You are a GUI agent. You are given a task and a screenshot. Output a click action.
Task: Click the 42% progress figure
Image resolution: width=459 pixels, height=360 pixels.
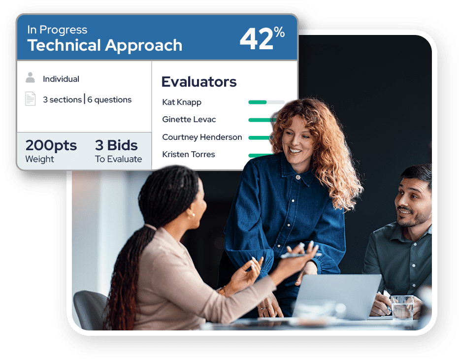point(262,38)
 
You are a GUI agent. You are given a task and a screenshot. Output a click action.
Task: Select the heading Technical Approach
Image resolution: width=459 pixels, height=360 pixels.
point(105,46)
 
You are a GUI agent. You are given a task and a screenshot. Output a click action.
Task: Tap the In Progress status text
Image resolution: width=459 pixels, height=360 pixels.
point(57,30)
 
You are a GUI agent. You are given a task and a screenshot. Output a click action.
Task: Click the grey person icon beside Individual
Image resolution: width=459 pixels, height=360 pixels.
point(30,77)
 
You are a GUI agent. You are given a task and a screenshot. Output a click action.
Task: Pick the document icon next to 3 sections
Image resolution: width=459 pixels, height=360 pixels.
point(31,98)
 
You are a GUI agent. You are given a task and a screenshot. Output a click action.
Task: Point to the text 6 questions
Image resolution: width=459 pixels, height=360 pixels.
point(109,100)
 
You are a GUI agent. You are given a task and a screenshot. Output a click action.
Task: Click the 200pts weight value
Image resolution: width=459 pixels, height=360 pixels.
point(51,145)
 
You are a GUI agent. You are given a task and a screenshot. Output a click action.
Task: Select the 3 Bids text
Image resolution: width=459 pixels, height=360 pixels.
point(116,145)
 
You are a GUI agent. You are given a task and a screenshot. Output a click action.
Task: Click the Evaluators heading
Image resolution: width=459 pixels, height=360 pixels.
point(199,82)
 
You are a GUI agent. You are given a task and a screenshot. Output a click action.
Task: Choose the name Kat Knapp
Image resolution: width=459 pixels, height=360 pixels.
point(182,102)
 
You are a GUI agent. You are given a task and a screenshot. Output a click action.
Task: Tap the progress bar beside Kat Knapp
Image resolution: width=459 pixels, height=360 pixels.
point(266,102)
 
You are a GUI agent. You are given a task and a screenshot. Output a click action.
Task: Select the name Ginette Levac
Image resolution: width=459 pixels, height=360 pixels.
point(189,119)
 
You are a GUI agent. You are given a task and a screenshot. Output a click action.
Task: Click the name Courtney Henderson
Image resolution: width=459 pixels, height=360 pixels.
point(202,137)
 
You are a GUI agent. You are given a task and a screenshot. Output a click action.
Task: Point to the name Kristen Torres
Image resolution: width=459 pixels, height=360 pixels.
point(189,154)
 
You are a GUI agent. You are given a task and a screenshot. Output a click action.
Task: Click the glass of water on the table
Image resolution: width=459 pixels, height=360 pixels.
point(403,307)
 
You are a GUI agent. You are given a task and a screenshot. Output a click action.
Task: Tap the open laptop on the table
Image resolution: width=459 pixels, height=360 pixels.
point(337,296)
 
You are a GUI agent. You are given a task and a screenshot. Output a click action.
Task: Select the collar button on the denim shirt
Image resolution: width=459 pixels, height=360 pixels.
point(298,177)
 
